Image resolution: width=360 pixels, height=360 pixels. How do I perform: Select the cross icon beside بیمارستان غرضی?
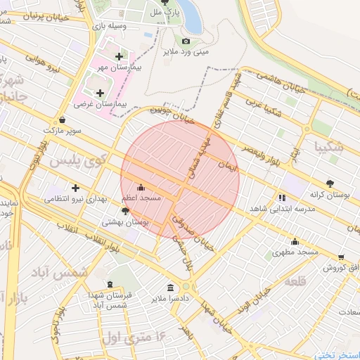(x=100, y=92)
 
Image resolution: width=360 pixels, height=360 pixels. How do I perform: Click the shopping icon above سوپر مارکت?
(x=63, y=120)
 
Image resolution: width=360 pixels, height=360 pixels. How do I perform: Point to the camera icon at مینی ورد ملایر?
(x=186, y=41)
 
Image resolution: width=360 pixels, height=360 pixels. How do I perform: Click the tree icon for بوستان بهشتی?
(x=125, y=210)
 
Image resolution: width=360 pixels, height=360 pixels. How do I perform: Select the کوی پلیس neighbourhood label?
(x=77, y=160)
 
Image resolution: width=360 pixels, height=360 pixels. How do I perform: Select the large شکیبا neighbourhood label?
(x=330, y=147)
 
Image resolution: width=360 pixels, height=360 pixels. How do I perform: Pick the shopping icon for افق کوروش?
(x=341, y=257)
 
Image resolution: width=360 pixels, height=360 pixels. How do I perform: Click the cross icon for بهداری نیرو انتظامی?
(x=75, y=188)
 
